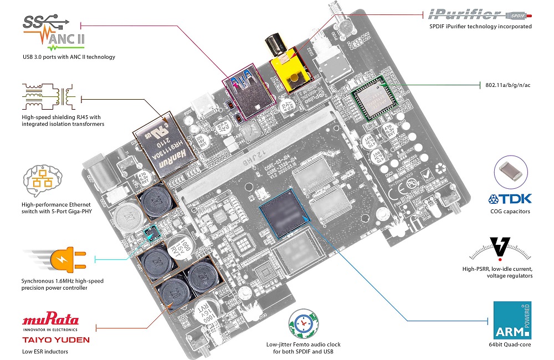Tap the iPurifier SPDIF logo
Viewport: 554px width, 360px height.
point(480,13)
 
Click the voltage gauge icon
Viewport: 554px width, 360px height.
point(500,249)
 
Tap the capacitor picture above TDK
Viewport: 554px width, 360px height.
point(509,169)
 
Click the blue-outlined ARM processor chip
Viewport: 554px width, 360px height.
point(283,213)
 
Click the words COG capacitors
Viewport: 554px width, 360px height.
point(510,212)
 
